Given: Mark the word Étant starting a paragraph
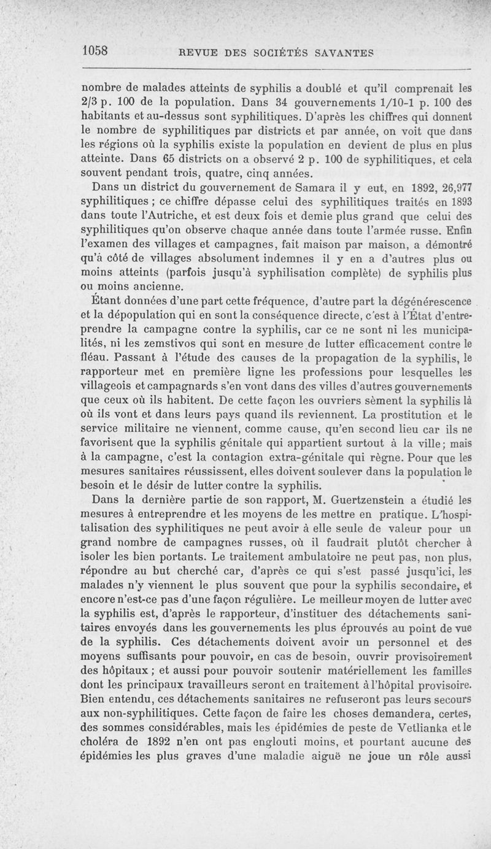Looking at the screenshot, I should tap(105, 301).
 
